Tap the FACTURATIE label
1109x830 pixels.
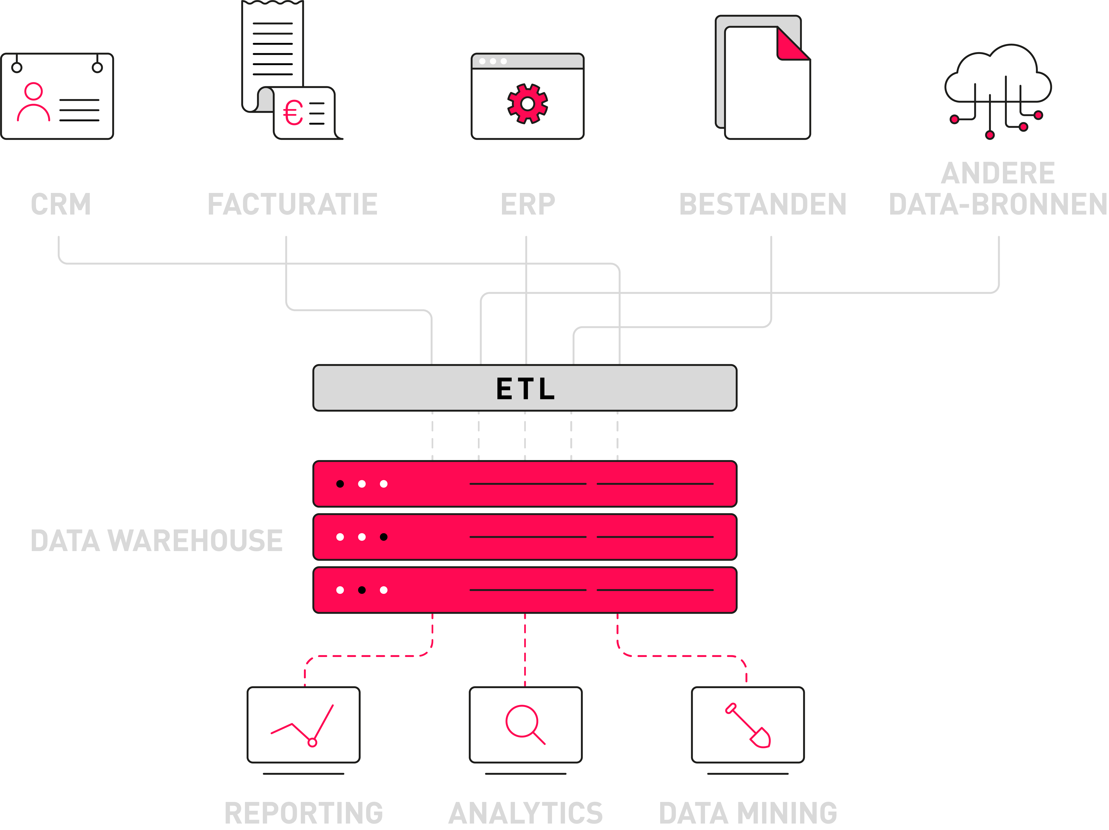point(293,204)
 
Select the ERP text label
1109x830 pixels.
point(528,204)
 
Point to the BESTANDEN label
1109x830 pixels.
point(763,204)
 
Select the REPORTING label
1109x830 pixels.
point(303,813)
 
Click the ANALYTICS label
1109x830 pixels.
point(525,813)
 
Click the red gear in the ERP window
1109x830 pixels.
point(528,103)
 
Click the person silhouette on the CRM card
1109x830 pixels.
point(34,103)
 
